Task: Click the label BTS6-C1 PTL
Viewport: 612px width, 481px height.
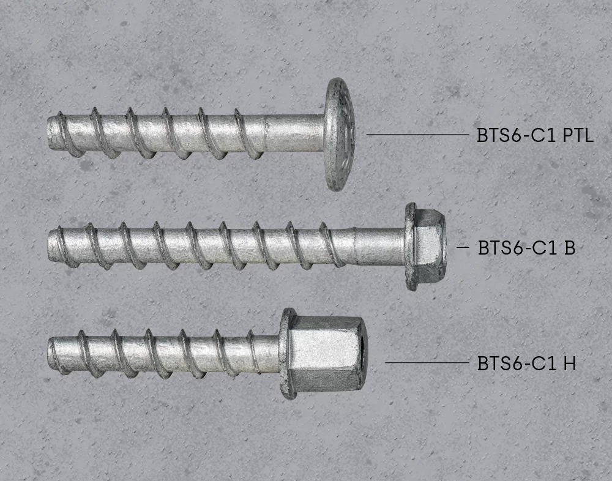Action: [x=535, y=135]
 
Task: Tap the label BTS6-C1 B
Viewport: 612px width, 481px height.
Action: [x=526, y=247]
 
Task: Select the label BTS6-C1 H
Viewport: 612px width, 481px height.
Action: [x=526, y=364]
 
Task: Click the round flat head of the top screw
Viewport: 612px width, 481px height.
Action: [x=339, y=134]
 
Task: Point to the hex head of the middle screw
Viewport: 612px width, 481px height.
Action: [x=430, y=247]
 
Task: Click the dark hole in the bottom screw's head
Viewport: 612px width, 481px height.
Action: [x=364, y=354]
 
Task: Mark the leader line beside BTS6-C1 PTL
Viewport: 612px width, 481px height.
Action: [x=417, y=134]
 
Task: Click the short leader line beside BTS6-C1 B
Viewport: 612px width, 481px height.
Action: [x=463, y=247]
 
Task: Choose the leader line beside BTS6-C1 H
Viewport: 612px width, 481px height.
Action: [x=427, y=363]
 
